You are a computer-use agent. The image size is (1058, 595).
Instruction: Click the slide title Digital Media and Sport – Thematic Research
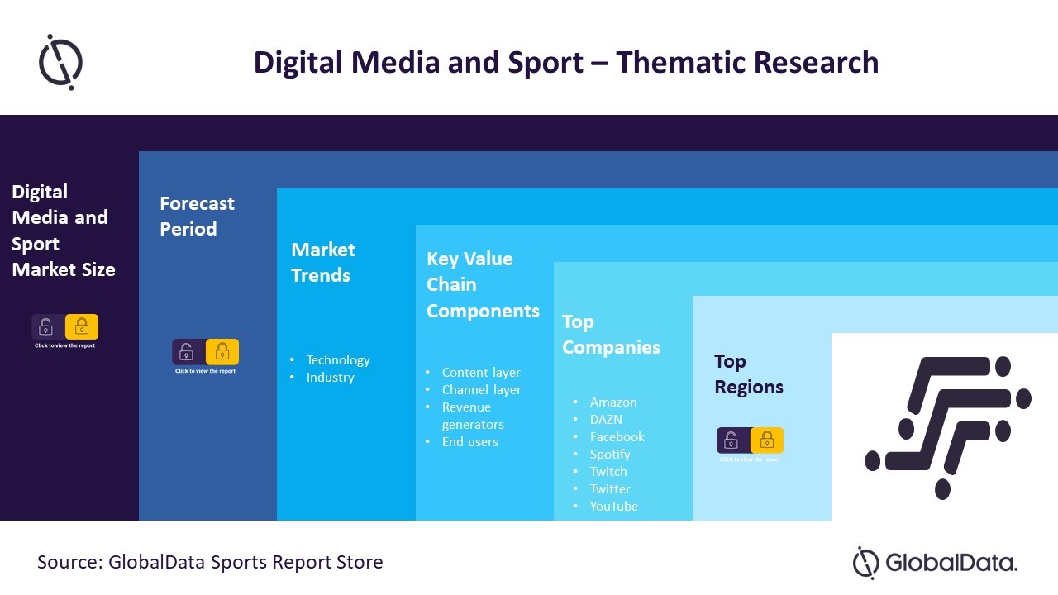pos(565,63)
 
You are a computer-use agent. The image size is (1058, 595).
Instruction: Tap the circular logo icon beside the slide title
pos(60,62)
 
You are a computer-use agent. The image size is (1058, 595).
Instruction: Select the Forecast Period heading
pos(197,217)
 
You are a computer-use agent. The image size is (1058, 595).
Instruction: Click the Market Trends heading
pos(322,263)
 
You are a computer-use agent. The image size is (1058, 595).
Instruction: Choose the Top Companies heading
pos(611,335)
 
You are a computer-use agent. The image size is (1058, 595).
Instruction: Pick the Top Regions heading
pos(748,374)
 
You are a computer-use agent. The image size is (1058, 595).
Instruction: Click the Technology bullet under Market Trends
pos(338,360)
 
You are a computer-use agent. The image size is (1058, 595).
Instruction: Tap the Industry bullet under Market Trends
pos(330,378)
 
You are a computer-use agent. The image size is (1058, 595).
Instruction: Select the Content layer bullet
pos(481,373)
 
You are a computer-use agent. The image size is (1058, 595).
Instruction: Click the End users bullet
pos(469,442)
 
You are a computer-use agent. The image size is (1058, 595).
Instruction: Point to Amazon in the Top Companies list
pos(613,402)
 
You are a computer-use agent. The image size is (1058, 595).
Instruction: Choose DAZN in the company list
pos(606,420)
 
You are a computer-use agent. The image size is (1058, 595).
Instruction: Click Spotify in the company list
pos(610,455)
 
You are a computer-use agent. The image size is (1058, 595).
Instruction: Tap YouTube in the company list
pos(613,507)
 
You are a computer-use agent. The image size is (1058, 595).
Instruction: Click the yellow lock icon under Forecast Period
pos(222,352)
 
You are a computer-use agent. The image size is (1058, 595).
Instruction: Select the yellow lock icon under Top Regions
pos(767,440)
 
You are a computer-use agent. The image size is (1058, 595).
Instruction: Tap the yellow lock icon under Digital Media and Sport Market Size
pos(82,327)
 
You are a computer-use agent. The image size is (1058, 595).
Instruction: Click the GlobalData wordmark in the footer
pos(951,564)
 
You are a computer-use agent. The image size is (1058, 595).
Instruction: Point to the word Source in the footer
pos(67,563)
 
